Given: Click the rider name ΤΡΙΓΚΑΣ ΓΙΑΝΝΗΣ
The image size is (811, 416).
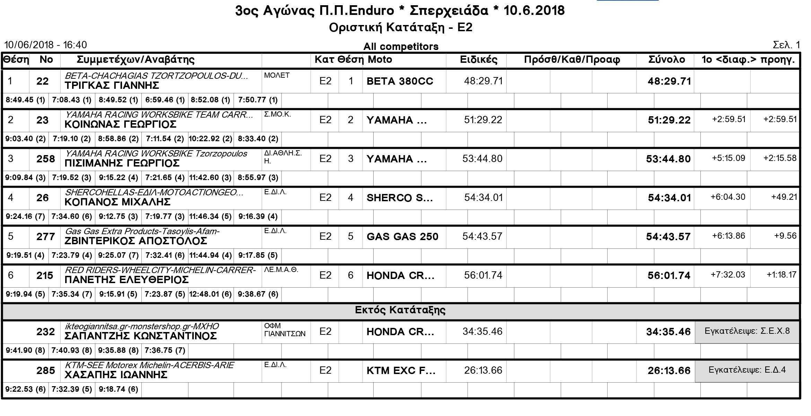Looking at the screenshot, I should pos(112,85).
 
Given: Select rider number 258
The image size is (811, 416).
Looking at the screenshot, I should pos(46,159).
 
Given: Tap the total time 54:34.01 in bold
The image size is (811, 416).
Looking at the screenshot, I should pos(669,198).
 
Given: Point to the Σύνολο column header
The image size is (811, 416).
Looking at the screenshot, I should pos(666,60).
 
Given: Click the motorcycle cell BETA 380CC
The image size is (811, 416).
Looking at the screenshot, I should pos(400,81).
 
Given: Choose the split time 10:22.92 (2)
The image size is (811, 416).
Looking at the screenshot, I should pos(210,139).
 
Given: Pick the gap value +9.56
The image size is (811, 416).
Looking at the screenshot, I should pos(785,236).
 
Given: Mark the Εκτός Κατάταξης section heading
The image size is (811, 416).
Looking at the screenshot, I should pos(400,310).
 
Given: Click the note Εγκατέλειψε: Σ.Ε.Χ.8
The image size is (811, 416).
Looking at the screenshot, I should pos(747,331).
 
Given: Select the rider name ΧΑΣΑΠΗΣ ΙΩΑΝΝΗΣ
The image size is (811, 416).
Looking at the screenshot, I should pos(116,375).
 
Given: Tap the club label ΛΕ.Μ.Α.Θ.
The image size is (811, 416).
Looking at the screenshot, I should pos(281,270).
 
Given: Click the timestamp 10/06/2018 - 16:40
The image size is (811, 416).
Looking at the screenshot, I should pos(45,45).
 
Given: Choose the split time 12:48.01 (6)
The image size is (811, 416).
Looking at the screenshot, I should pos(210,294).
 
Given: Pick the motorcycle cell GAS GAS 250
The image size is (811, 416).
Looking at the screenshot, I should pos(402,237).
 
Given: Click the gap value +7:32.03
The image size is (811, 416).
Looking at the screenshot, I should pos(728,275).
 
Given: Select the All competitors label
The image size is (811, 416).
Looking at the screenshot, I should pos(401,46).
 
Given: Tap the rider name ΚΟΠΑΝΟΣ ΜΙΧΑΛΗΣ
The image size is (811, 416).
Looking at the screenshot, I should pos(117,202).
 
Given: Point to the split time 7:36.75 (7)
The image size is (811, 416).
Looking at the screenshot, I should pos(165,350).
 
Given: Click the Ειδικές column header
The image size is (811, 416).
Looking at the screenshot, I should pos(478,60).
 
